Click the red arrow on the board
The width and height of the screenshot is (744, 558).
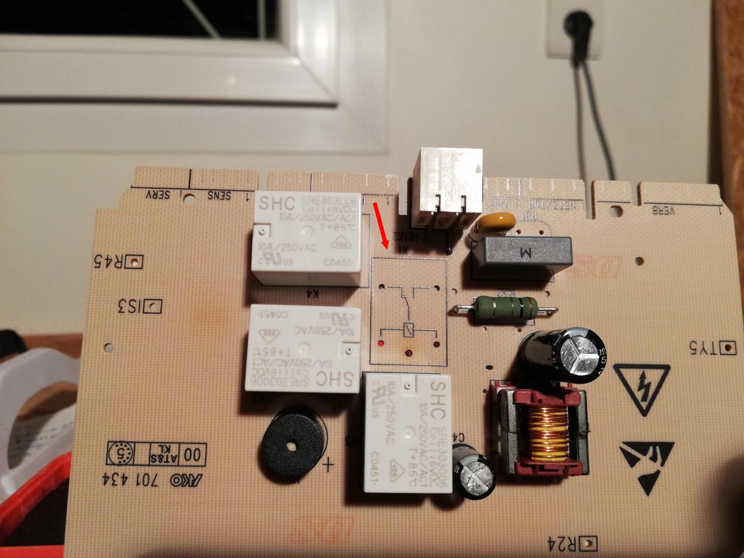(x=380, y=224)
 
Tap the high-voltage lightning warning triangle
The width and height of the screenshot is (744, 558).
(x=642, y=386)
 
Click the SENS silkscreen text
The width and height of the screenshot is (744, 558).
(x=220, y=195)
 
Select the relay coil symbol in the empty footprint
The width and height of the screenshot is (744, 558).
(x=407, y=328)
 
